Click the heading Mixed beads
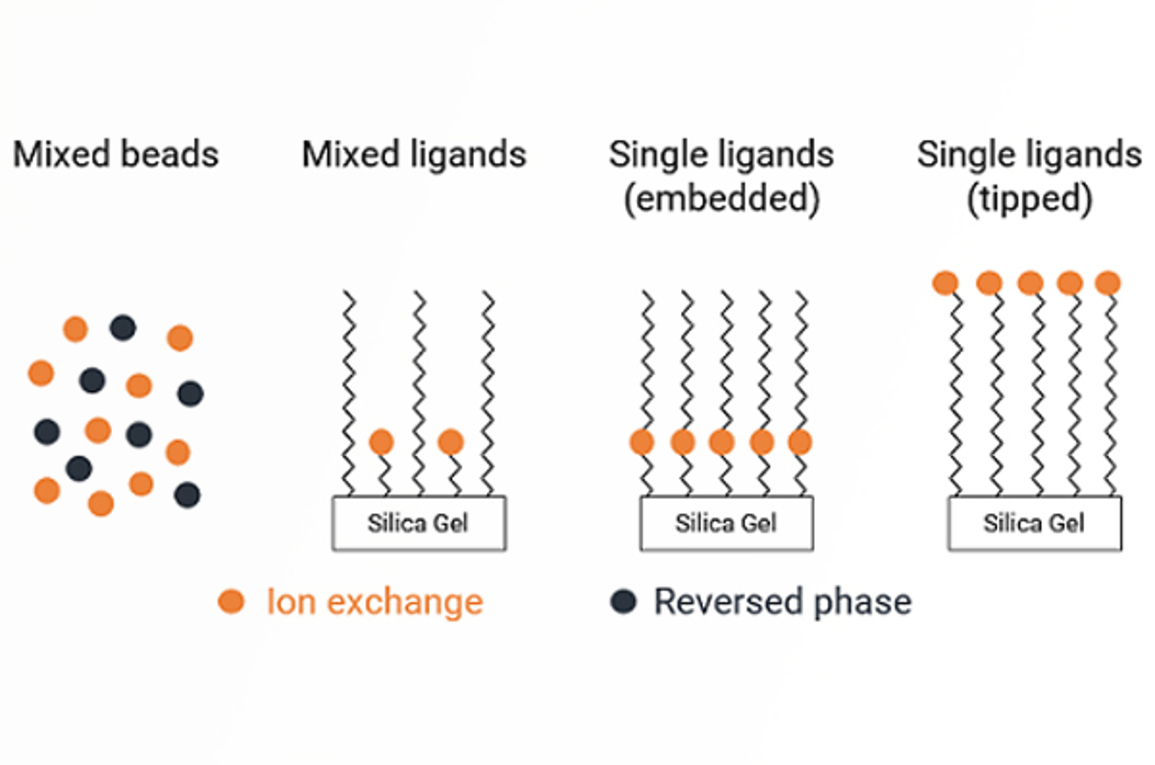[115, 154]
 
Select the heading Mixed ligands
[414, 154]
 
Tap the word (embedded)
[721, 198]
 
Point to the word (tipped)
[1029, 198]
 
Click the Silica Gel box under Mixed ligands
[419, 523]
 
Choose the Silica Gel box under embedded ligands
[726, 523]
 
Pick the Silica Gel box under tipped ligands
[1034, 523]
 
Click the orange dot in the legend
[231, 601]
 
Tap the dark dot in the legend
[623, 601]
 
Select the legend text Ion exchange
[375, 601]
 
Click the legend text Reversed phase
[783, 601]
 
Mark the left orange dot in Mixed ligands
[381, 442]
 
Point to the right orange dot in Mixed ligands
[450, 442]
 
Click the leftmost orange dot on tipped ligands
[945, 283]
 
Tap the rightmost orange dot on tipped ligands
[1107, 283]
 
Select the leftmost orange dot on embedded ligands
[642, 442]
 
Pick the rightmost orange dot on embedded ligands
[800, 442]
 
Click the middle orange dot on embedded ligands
[722, 442]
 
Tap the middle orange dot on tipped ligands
[1030, 283]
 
